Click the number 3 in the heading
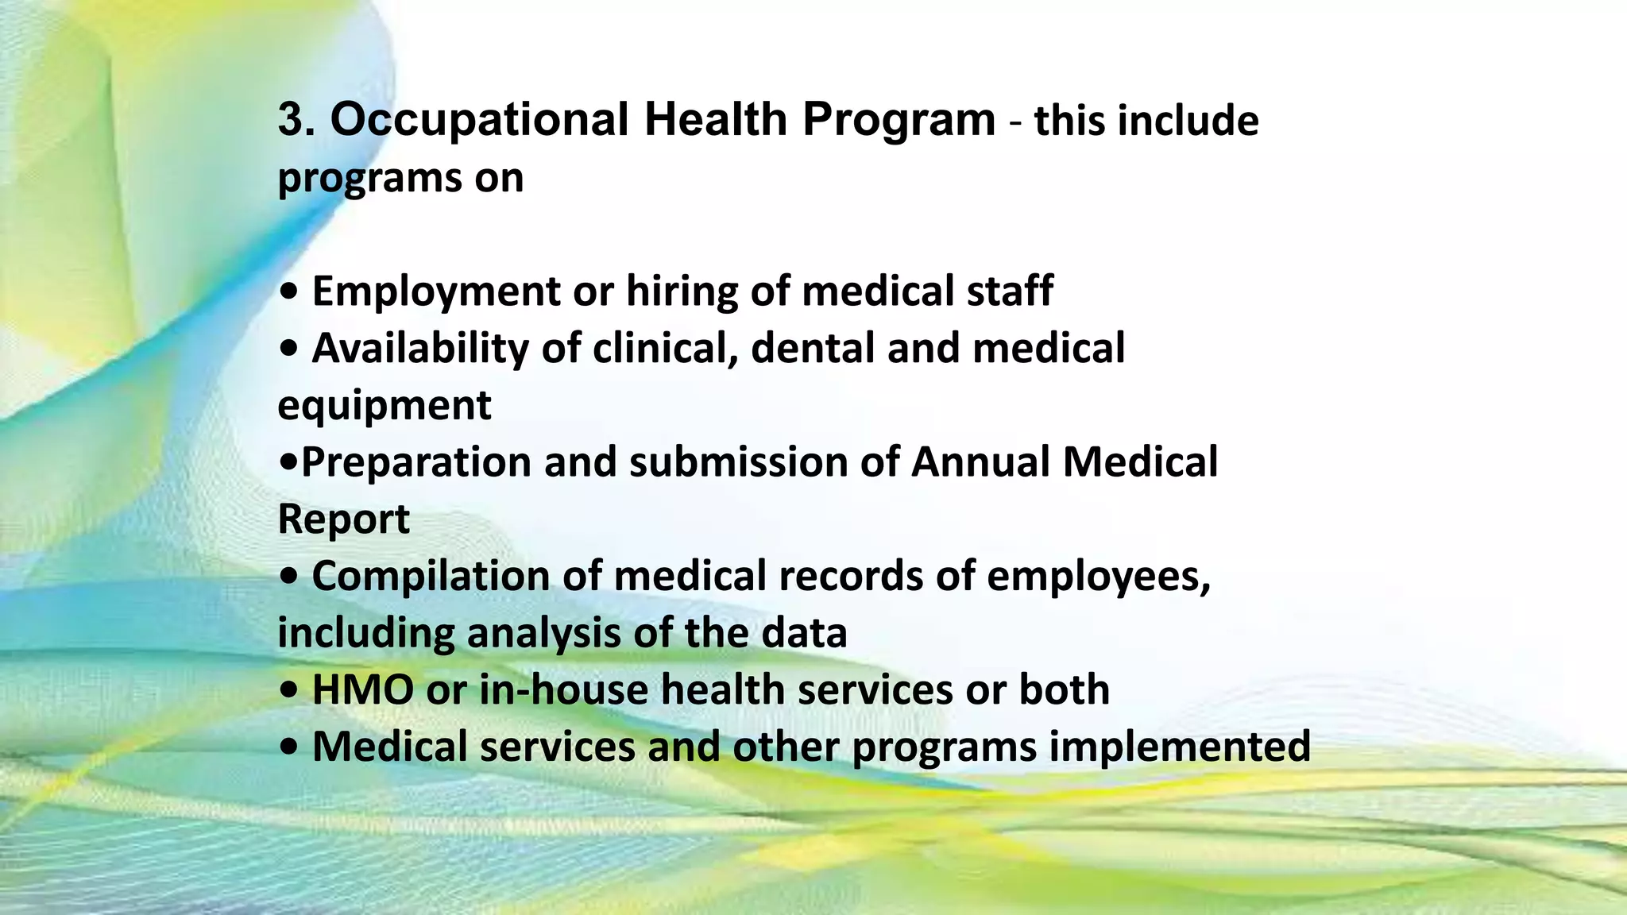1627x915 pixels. [x=291, y=120]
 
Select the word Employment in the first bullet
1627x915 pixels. [x=436, y=291]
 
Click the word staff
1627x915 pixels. [x=1009, y=291]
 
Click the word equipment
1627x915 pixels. [x=385, y=405]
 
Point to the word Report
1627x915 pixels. [x=343, y=519]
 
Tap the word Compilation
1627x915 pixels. [x=431, y=576]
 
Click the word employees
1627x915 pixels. [x=1098, y=576]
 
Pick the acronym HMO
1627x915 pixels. [x=363, y=689]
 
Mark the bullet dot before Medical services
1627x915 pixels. [x=290, y=747]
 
